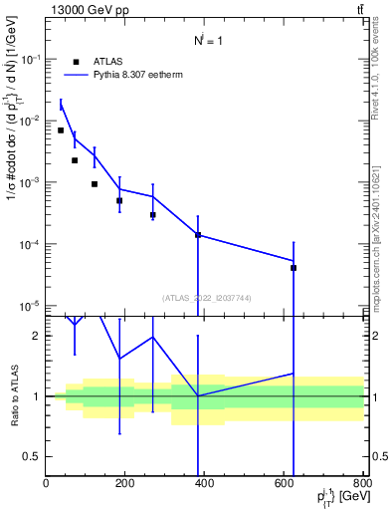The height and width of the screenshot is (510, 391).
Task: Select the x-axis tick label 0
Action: coord(46,484)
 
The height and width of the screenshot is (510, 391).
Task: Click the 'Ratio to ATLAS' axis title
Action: coord(14,396)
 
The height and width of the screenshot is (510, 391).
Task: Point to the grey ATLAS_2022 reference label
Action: coord(205,298)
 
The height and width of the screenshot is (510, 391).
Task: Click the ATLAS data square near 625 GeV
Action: coord(293,268)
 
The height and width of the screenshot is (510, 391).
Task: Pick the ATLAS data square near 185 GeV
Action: coord(119,201)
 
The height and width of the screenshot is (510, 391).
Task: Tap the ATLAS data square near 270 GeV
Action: coord(153,215)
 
